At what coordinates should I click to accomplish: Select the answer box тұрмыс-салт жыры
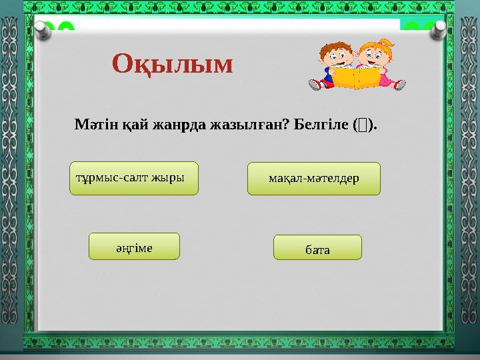(x=134, y=178)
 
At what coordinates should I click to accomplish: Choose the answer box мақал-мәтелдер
(x=313, y=179)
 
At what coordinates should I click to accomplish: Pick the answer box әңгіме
(x=134, y=246)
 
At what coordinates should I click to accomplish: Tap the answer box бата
(x=317, y=247)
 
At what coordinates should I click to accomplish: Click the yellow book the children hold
(x=357, y=77)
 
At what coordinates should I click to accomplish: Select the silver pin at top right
(x=439, y=29)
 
